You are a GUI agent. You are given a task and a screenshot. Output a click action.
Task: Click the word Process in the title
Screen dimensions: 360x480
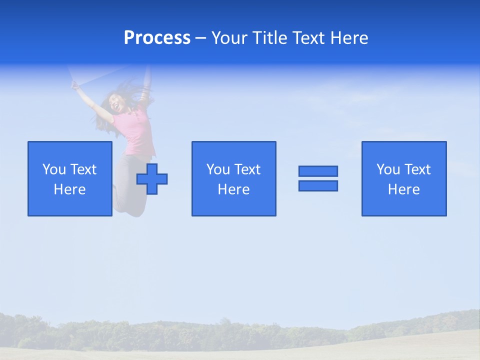click(157, 38)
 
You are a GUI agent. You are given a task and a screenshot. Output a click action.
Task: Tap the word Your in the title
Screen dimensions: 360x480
click(230, 38)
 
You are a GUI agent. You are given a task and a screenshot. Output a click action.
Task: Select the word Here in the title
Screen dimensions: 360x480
click(349, 38)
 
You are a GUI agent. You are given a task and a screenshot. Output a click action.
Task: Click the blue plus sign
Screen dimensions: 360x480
click(152, 179)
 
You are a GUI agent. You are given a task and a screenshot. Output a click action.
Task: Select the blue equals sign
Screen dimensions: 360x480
click(318, 178)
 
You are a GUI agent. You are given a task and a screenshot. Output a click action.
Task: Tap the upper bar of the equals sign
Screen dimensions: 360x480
click(318, 171)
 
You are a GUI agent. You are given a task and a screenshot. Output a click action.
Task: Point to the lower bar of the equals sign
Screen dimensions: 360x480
click(318, 185)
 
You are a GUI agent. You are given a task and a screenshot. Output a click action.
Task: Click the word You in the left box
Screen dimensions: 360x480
click(54, 169)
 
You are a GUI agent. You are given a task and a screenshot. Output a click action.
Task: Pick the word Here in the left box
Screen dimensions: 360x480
click(69, 189)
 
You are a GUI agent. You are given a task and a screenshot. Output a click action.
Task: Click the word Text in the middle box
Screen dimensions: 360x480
click(247, 169)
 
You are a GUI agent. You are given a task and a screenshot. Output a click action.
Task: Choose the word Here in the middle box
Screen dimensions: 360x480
click(233, 189)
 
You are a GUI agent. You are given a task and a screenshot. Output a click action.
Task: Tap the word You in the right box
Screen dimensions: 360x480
click(388, 169)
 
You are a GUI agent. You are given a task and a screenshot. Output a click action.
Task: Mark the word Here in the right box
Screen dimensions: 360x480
click(403, 189)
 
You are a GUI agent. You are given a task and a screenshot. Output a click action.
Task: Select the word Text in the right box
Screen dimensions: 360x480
click(417, 169)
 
